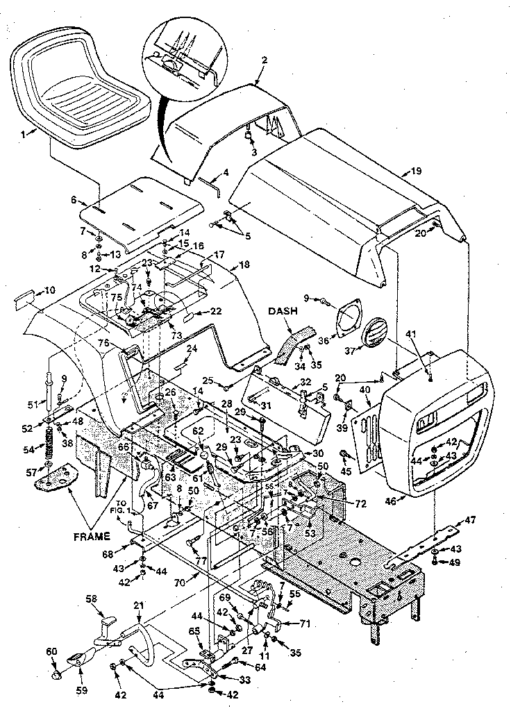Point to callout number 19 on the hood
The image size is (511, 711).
pos(416,170)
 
